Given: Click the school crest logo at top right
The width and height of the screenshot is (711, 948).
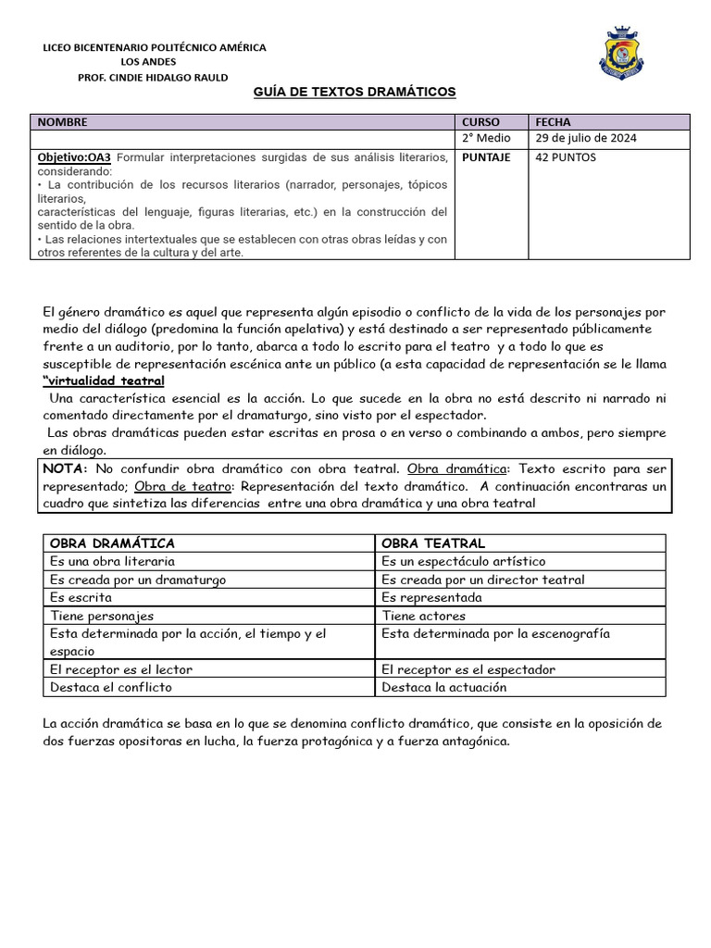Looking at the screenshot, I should click(x=621, y=54).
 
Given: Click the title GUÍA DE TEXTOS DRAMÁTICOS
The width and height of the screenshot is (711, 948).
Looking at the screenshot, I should click(x=355, y=93).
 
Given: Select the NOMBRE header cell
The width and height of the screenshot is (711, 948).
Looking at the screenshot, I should click(x=63, y=121).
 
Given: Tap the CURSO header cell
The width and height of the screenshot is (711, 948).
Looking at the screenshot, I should click(x=480, y=121).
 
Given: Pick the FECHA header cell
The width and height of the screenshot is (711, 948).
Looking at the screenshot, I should click(x=553, y=121).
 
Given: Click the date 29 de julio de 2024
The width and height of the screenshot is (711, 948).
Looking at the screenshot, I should click(x=586, y=139).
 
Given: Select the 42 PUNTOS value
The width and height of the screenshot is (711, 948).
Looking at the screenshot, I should click(x=566, y=157).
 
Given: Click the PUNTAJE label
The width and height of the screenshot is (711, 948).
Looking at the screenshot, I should click(x=486, y=157).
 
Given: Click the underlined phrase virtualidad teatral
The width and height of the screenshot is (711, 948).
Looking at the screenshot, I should click(x=105, y=381).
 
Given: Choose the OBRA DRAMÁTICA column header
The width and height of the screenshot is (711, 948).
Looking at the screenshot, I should click(x=112, y=543).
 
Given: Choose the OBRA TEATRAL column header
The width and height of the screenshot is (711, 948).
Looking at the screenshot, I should click(x=433, y=543).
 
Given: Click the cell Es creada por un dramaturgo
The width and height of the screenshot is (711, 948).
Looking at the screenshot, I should click(x=138, y=580).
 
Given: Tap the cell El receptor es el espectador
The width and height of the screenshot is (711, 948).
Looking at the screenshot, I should click(x=468, y=669).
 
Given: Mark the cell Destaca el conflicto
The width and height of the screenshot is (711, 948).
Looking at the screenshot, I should click(x=111, y=687).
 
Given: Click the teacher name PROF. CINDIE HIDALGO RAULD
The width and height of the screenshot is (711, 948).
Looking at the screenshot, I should click(x=153, y=78).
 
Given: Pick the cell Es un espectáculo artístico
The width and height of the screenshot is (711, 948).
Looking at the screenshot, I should click(x=464, y=561).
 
